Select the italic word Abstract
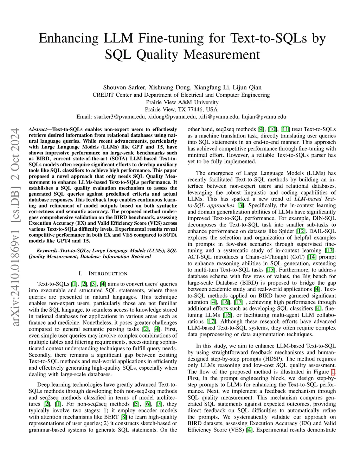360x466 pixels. [x=38, y=129]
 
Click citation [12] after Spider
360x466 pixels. [x=301, y=231]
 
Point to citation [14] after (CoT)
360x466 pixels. [x=311, y=257]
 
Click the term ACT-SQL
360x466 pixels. [x=200, y=257]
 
